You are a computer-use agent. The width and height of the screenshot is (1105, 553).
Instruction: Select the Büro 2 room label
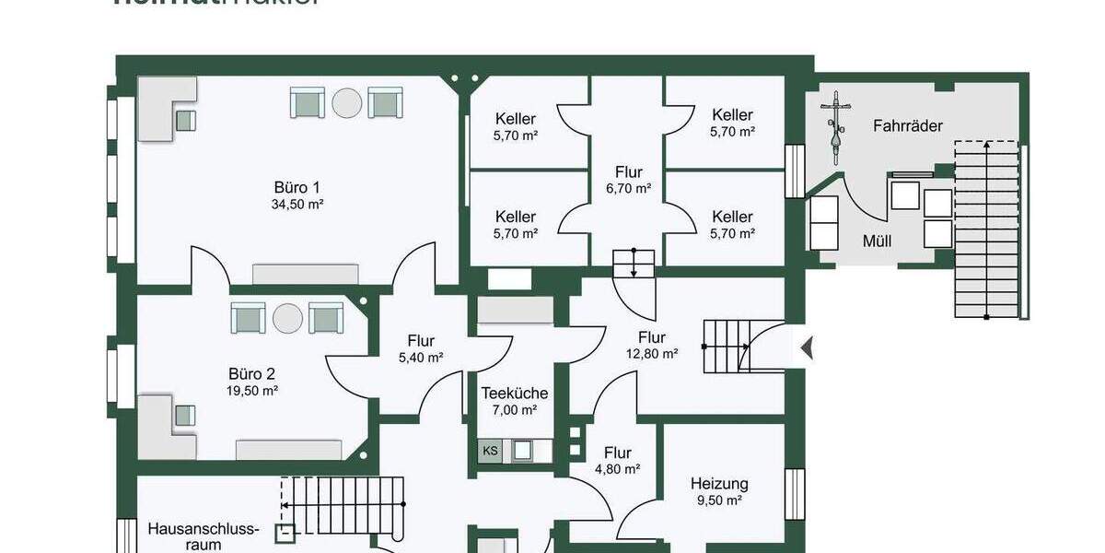251,374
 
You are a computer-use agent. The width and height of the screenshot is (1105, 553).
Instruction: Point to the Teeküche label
515,394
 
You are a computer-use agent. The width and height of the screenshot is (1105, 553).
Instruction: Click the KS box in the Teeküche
490,451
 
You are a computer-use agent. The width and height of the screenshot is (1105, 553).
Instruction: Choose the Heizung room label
719,483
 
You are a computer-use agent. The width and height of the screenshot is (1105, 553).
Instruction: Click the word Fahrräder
908,125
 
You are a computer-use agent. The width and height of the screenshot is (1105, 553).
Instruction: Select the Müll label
875,241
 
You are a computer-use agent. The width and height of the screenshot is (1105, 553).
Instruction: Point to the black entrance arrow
807,348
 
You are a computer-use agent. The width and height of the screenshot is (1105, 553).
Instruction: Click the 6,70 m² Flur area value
629,188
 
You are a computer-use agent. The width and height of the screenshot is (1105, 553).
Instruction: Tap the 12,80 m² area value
651,354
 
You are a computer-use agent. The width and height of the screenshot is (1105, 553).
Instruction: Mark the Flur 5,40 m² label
420,341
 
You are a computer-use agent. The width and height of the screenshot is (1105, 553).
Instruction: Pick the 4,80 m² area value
617,469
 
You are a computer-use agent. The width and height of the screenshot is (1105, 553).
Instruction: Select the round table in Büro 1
347,102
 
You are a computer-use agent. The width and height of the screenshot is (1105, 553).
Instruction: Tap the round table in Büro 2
287,318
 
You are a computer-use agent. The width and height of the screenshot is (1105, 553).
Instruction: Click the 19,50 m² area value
252,391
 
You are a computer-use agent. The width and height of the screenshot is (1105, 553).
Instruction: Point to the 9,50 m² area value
719,500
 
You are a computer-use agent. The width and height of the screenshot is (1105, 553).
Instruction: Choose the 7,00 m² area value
514,410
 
